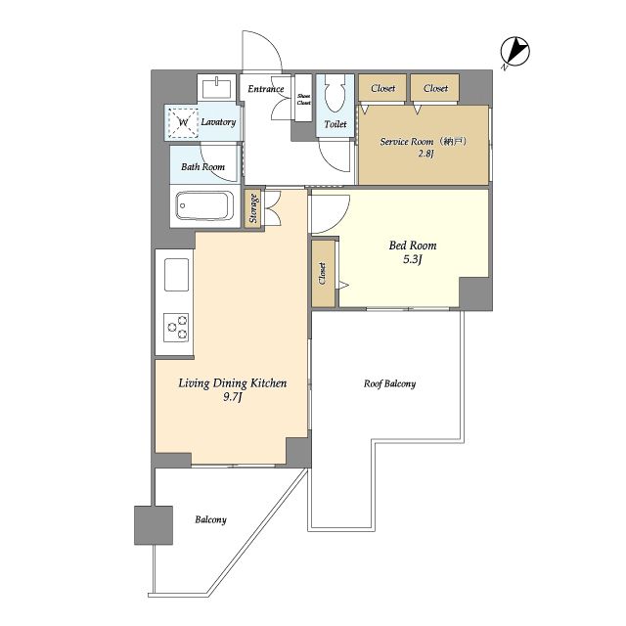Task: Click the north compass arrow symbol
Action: pyautogui.click(x=514, y=52)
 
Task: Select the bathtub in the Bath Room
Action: pyautogui.click(x=204, y=205)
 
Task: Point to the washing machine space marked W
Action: pyautogui.click(x=183, y=122)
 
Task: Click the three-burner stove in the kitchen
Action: pyautogui.click(x=176, y=328)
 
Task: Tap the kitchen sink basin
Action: pyautogui.click(x=176, y=274)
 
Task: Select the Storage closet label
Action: pyautogui.click(x=253, y=208)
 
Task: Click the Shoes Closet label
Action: pyautogui.click(x=303, y=99)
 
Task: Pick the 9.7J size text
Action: pyautogui.click(x=233, y=397)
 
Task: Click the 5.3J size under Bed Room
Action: pyautogui.click(x=413, y=259)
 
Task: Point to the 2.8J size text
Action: pyautogui.click(x=425, y=154)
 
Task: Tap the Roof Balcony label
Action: pyautogui.click(x=389, y=383)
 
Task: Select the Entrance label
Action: pyautogui.click(x=266, y=89)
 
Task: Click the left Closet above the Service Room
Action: pyautogui.click(x=382, y=88)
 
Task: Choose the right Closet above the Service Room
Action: pyautogui.click(x=435, y=88)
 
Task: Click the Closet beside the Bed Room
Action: pyautogui.click(x=323, y=274)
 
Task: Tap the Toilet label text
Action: pyautogui.click(x=335, y=124)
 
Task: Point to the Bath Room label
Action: pyautogui.click(x=202, y=166)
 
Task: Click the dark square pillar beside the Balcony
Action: pyautogui.click(x=154, y=525)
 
